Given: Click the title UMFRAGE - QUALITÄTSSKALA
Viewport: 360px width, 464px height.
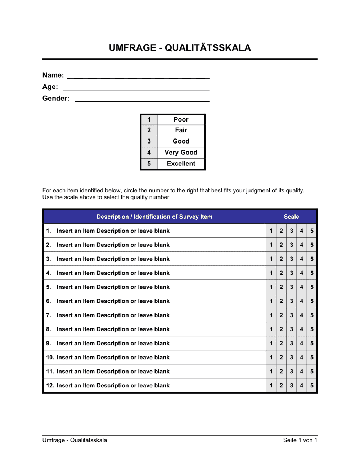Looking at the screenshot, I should [180, 48].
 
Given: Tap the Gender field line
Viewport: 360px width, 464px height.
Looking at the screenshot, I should [142, 101].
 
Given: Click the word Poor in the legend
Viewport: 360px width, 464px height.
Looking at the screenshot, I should [181, 119].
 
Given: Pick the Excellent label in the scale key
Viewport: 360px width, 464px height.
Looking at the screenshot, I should [181, 164].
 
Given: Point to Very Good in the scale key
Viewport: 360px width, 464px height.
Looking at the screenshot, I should [181, 153].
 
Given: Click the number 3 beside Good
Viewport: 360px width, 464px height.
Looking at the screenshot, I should [149, 141].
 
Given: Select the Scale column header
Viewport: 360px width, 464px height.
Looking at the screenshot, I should [291, 217].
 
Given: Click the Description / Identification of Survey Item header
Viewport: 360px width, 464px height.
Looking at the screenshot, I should [154, 217].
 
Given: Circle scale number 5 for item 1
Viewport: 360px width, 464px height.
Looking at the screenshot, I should [312, 231].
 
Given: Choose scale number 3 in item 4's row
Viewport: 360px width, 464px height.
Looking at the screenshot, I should [292, 273].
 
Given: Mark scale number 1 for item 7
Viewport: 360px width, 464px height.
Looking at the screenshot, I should [271, 315].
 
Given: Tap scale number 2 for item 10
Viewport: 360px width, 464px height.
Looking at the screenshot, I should [281, 357].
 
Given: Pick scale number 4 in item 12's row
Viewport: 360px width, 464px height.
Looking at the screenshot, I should [302, 386].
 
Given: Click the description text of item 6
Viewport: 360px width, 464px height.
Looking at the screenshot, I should [113, 301].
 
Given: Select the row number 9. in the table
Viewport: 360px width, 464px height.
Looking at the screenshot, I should [49, 343].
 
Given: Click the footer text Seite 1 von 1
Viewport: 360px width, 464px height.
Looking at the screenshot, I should [300, 440].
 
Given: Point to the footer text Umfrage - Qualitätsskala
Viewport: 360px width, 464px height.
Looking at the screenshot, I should [75, 440].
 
